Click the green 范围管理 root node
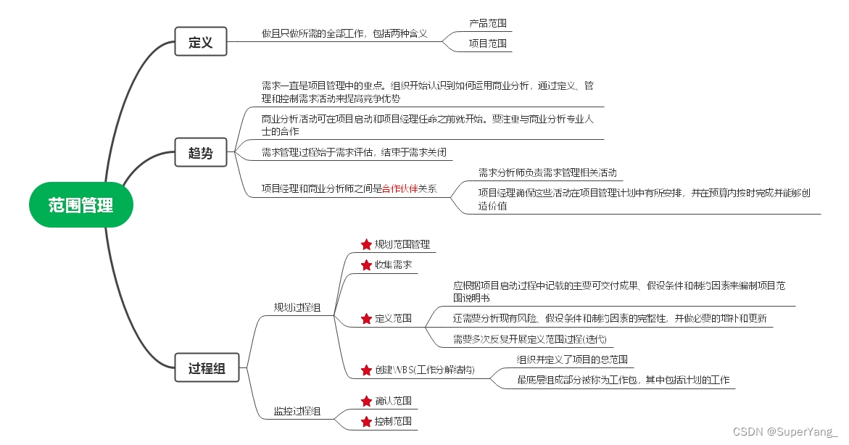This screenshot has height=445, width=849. [x=81, y=205]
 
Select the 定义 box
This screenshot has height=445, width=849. [x=200, y=42]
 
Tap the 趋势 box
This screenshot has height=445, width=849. [x=200, y=153]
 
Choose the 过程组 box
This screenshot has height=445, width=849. [x=207, y=368]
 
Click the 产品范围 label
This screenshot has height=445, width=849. [x=488, y=23]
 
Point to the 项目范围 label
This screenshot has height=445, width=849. [x=488, y=43]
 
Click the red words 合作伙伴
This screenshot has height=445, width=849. [x=405, y=188]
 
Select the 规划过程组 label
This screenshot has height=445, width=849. [x=297, y=307]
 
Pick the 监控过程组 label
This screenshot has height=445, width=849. [x=297, y=412]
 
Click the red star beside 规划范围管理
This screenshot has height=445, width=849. [x=366, y=244]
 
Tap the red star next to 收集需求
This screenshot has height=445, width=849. [x=366, y=265]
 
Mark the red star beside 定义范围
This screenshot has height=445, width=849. [x=366, y=318]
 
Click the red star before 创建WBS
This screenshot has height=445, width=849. [x=366, y=370]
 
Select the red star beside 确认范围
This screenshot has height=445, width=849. [x=366, y=401]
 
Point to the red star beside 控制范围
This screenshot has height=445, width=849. [x=366, y=421]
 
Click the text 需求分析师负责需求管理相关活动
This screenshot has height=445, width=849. [x=547, y=172]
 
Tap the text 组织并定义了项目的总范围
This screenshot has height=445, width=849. [x=571, y=359]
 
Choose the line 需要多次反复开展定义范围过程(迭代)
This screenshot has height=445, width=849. [x=529, y=338]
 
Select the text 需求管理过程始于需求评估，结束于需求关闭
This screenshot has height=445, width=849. [x=354, y=152]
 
